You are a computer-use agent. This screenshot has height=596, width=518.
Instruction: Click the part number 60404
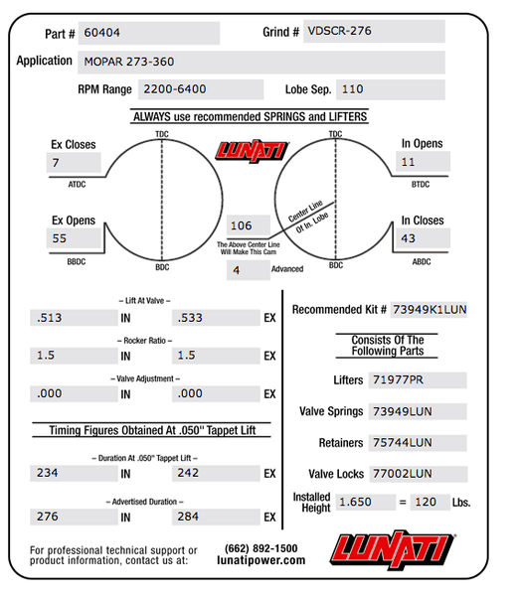101,33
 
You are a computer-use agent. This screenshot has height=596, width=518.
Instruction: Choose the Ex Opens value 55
61,238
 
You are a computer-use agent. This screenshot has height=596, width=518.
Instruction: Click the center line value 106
243,225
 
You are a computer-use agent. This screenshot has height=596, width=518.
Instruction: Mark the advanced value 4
237,270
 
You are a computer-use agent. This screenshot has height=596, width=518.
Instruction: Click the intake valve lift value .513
48,318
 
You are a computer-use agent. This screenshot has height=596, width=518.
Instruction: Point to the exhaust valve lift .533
190,318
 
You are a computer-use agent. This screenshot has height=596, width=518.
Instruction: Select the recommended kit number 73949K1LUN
429,310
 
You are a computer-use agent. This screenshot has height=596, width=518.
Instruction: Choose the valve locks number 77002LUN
403,474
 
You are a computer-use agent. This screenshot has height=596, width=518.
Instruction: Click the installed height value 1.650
355,502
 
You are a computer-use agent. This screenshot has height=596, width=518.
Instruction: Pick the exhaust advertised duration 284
188,517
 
